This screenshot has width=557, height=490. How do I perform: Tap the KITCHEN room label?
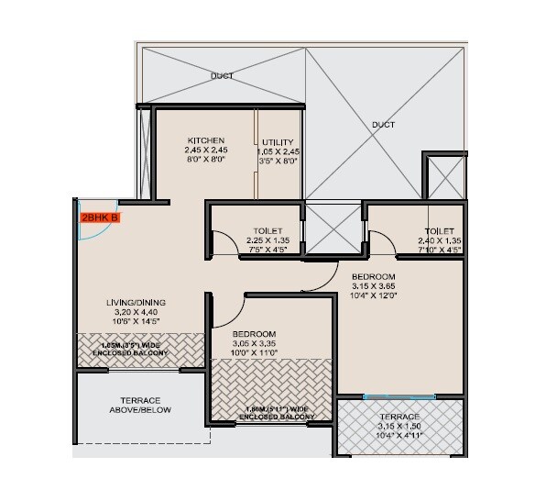[x=206, y=139]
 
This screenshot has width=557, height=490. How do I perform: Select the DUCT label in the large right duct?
[x=384, y=124]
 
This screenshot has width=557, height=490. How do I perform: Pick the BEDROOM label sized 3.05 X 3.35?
[x=254, y=335]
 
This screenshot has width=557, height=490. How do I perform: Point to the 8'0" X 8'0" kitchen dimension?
[x=206, y=160]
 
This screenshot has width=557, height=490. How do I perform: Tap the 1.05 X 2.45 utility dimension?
[x=278, y=150]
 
